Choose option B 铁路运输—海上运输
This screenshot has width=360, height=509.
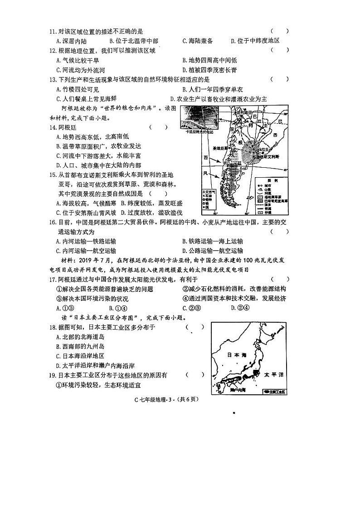(212, 241)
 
